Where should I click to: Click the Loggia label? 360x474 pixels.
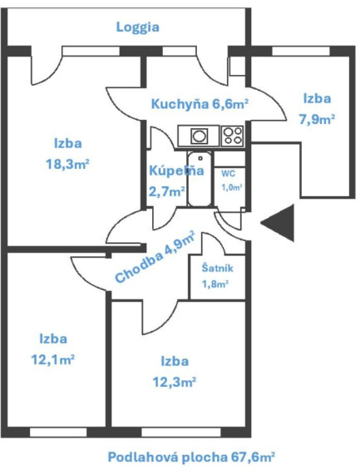tap(137, 27)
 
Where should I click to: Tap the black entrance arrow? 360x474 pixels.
tap(278, 223)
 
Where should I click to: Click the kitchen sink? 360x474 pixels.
tap(199, 136)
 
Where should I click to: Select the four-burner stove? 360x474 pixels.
tap(232, 136)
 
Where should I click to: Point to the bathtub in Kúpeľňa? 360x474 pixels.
tap(200, 180)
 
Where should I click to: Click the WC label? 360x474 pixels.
tap(228, 174)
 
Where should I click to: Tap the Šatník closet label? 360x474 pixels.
tap(217, 268)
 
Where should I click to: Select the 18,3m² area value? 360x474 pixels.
tap(67, 165)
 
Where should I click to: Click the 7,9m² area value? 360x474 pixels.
tap(317, 120)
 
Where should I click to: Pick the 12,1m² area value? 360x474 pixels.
tap(53, 360)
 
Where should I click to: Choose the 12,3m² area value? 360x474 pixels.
tap(175, 383)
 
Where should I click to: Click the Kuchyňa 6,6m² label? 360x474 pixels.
tap(200, 104)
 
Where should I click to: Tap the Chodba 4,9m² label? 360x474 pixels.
tap(155, 256)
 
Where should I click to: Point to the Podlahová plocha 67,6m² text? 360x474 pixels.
tap(191, 457)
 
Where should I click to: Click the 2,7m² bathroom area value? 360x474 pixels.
tap(167, 191)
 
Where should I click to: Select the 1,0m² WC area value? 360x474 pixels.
tap(232, 187)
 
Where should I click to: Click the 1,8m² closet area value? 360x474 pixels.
tap(215, 284)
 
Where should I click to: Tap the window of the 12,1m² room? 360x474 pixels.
tap(58, 432)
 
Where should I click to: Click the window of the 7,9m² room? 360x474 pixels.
tap(301, 51)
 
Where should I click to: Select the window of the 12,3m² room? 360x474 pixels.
tap(181, 432)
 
